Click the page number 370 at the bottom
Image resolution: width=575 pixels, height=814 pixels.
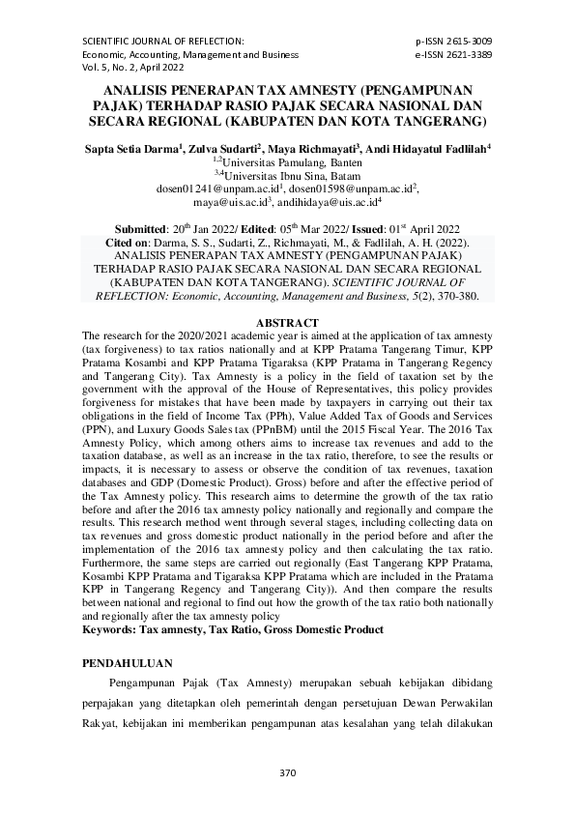(x=286, y=772)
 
